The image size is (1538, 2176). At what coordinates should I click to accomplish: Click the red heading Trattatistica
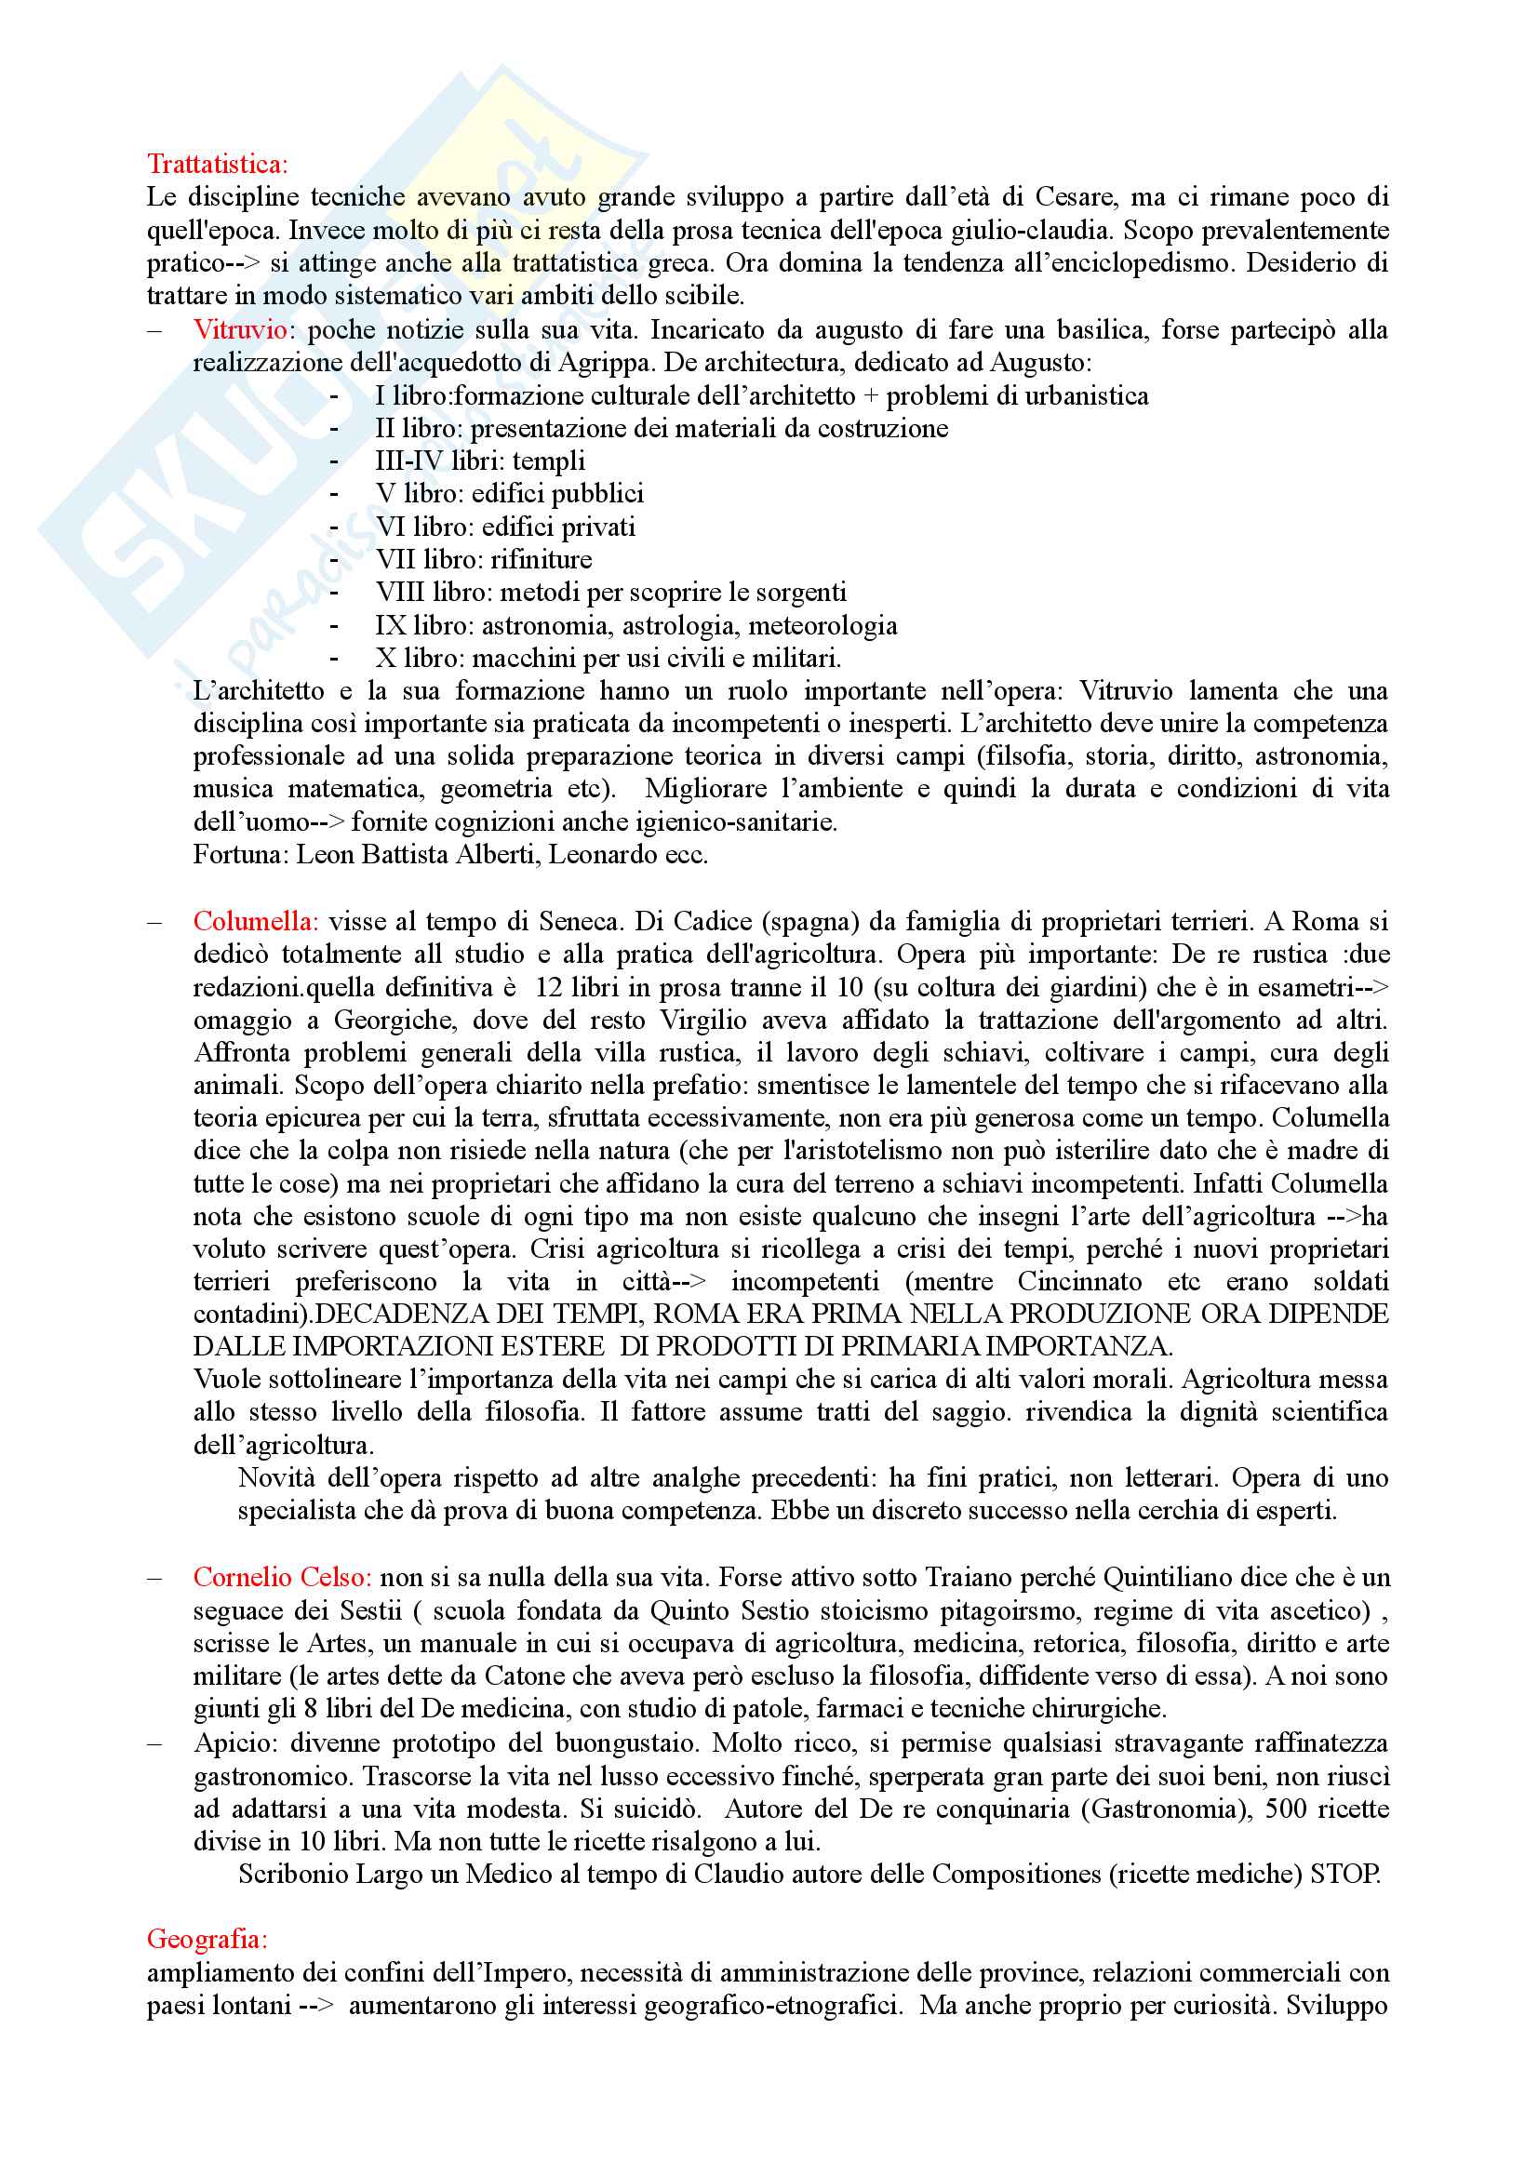coord(217,164)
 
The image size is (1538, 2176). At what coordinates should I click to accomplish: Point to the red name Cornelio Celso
coord(281,1576)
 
